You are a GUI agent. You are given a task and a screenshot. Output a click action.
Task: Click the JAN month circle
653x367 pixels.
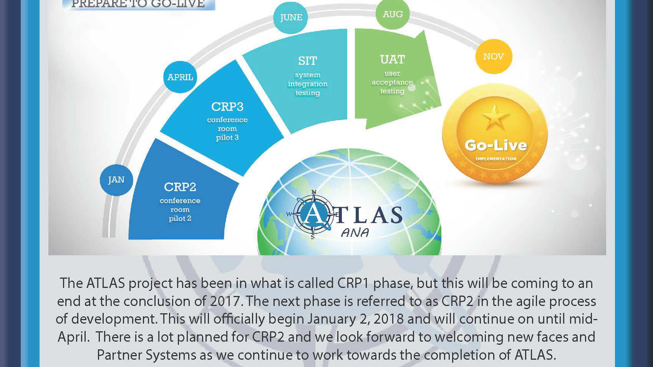coord(116,180)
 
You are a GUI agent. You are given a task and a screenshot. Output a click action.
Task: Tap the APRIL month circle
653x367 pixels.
coord(180,77)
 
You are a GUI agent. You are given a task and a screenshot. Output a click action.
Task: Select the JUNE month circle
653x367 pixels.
coord(290,18)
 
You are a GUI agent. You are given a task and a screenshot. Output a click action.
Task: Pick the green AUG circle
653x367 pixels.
coord(393,14)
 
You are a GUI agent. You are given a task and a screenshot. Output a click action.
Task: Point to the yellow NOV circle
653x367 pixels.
coord(494,56)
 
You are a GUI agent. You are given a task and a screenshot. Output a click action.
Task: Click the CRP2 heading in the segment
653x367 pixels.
coord(180,187)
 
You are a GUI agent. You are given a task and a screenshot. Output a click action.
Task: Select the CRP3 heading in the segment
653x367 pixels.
coord(227,107)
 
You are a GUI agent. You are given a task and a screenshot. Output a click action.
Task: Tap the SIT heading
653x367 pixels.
coord(307,61)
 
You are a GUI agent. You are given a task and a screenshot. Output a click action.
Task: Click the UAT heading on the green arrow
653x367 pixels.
coord(393,60)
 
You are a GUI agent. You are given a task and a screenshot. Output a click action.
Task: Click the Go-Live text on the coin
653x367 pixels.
coord(496,145)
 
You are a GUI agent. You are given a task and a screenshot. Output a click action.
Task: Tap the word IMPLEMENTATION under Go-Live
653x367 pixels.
coord(496,159)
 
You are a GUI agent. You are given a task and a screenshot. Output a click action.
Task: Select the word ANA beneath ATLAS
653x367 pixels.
coord(355,232)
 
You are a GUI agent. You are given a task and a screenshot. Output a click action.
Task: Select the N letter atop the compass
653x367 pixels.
coord(314,192)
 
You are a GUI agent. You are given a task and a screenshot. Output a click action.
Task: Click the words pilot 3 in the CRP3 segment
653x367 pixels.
coord(227,138)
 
